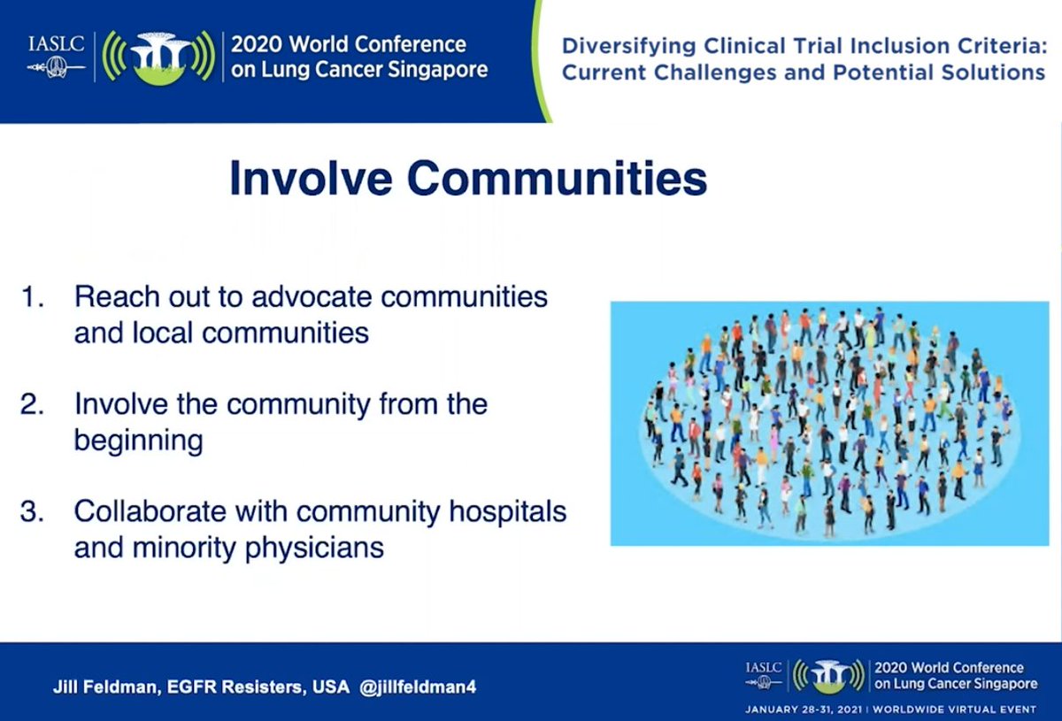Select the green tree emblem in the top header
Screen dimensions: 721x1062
click(159, 57)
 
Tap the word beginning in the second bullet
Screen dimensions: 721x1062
click(138, 441)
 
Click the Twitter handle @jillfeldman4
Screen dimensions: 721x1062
click(418, 687)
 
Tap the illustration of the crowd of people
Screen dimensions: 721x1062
click(829, 423)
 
